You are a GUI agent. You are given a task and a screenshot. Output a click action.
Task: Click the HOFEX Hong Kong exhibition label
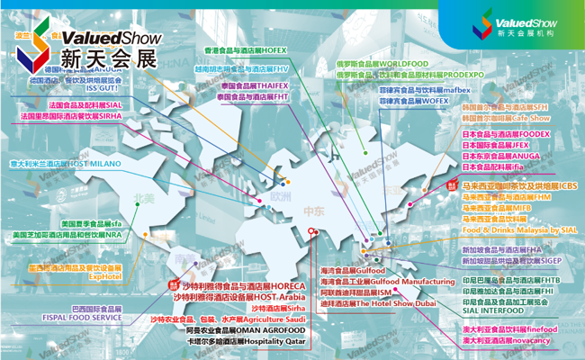pyautogui.click(x=247, y=49)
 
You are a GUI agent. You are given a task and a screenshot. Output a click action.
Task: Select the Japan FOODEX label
pyautogui.click(x=505, y=134)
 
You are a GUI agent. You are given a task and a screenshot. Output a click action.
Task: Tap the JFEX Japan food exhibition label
pyautogui.click(x=494, y=145)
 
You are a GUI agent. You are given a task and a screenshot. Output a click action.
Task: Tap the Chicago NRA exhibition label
pyautogui.click(x=67, y=235)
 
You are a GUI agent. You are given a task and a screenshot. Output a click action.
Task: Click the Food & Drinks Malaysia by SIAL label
pyautogui.click(x=509, y=229)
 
